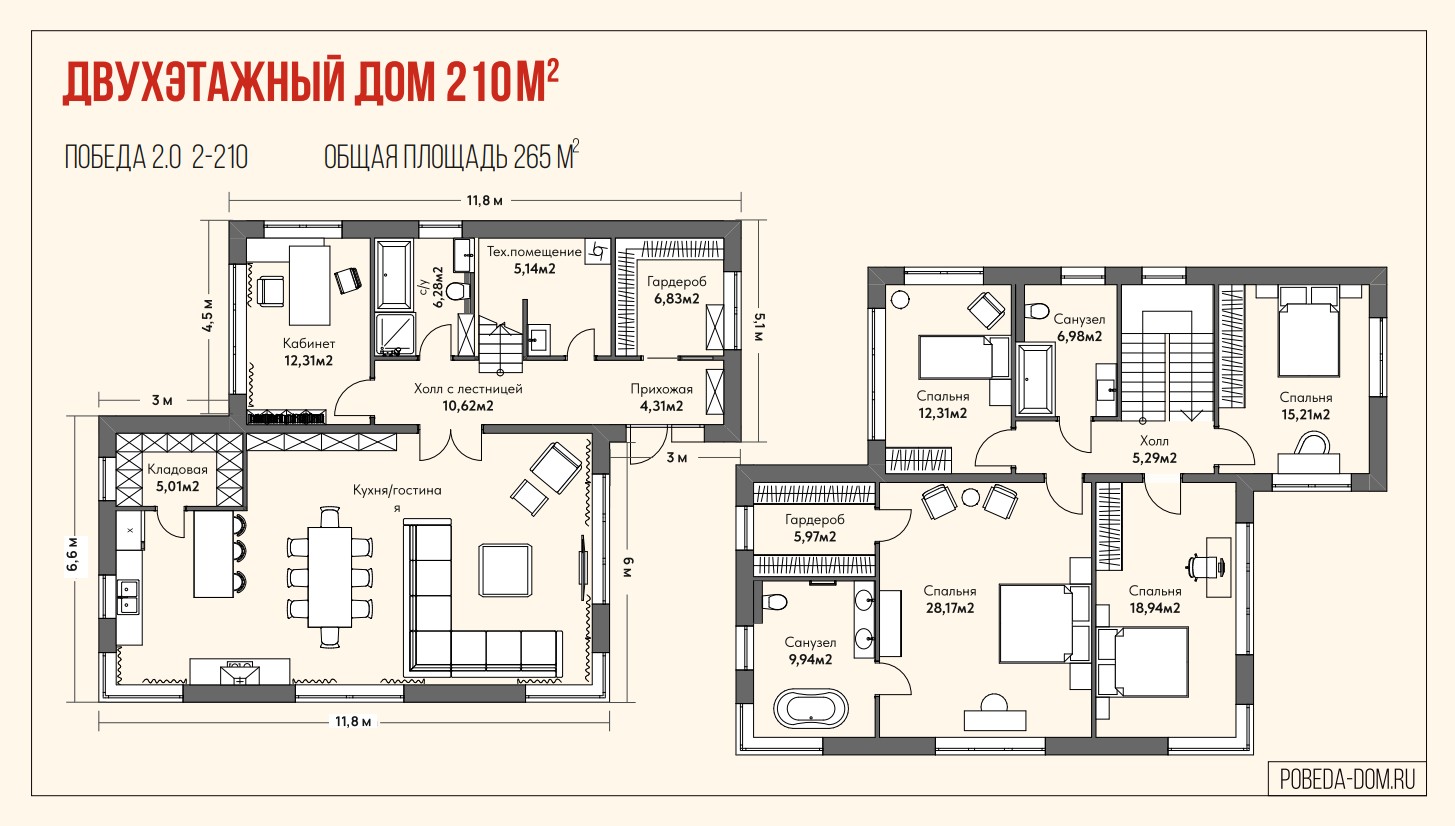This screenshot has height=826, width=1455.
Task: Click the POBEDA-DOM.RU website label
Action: coord(1347,779)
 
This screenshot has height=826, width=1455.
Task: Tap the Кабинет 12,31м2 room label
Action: coord(309,351)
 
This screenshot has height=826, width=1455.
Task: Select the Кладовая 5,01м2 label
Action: coord(177,477)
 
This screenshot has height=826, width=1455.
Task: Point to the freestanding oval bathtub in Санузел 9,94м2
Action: coord(811,708)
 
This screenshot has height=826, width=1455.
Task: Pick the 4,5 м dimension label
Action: coord(207,316)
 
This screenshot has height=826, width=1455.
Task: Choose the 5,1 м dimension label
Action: coord(759,327)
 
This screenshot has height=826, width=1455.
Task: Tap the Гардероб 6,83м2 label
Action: coord(676,290)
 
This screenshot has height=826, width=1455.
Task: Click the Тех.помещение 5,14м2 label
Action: coord(535,260)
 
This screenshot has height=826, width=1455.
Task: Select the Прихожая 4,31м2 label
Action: coord(661,397)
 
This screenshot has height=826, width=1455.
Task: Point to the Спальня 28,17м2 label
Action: coord(950,599)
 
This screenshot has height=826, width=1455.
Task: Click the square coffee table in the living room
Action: coord(505,570)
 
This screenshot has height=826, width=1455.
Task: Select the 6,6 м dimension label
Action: coord(75,554)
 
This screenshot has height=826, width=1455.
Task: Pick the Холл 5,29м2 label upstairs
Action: coord(1154,449)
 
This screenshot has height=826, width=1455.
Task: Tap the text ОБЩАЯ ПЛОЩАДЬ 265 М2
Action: coord(451,156)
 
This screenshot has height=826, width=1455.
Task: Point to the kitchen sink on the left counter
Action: coord(128,596)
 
